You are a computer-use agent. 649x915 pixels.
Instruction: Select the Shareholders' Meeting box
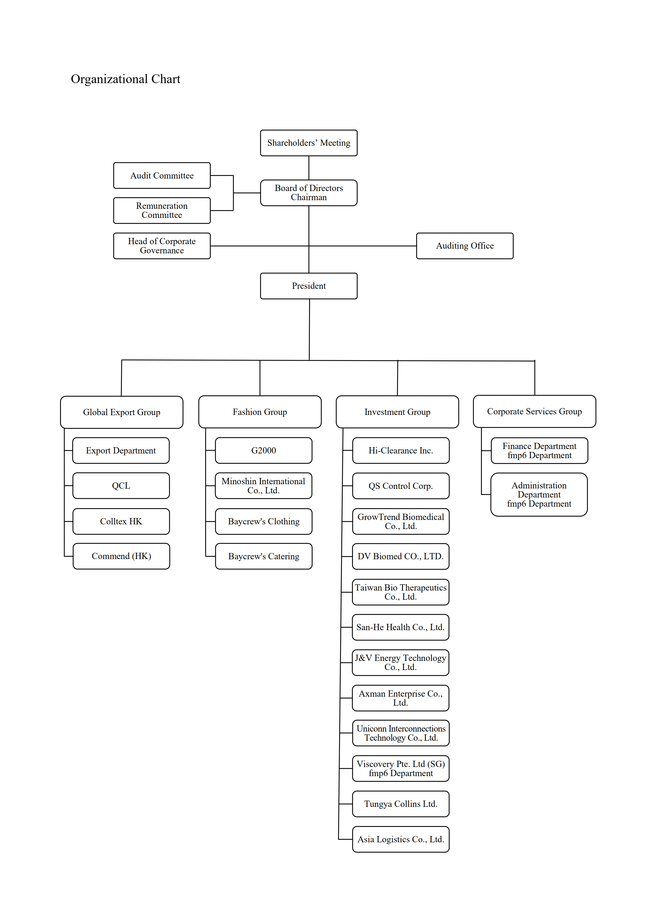click(309, 143)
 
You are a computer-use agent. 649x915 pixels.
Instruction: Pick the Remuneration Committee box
click(162, 210)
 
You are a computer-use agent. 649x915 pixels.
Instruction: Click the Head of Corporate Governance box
click(162, 246)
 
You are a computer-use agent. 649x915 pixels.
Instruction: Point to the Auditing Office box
click(465, 246)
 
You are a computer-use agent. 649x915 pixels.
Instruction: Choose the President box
click(309, 286)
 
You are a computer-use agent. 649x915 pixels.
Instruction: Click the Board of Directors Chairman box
click(309, 193)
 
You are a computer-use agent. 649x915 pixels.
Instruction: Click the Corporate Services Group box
click(534, 412)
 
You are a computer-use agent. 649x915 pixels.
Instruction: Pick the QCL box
click(121, 486)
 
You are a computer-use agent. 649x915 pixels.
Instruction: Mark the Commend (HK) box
click(121, 556)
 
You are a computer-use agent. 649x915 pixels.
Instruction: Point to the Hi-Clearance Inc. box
click(401, 451)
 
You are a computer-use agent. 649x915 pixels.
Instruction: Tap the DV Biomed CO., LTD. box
click(401, 556)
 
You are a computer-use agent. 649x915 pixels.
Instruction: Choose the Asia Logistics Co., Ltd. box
click(401, 839)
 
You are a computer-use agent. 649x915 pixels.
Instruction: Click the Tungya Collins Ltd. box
click(401, 804)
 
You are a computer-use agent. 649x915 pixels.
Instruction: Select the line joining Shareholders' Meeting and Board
click(309, 168)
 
